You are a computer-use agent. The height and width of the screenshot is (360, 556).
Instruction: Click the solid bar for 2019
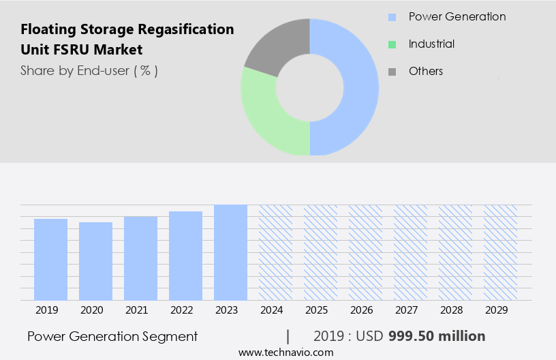tap(50, 259)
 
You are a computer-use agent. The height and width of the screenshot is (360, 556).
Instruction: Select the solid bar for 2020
tap(95, 261)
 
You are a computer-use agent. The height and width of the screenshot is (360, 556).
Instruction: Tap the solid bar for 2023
tap(230, 252)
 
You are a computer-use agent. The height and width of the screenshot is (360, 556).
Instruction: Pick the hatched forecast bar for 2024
tap(275, 252)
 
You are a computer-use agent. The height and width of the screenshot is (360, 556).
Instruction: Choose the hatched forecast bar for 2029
tap(500, 252)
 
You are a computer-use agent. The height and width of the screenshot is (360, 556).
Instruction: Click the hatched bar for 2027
tap(410, 252)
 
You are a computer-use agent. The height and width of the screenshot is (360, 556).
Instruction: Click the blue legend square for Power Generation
tap(392, 17)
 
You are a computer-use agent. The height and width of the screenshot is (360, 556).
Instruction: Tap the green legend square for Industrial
tap(392, 44)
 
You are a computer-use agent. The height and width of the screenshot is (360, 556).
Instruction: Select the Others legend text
tap(425, 71)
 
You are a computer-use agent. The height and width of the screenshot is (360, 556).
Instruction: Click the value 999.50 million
tap(437, 336)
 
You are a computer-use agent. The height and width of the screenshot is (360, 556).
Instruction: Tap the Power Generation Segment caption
tap(112, 336)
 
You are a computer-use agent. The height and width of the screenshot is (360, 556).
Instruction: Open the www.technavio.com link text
tap(285, 352)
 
